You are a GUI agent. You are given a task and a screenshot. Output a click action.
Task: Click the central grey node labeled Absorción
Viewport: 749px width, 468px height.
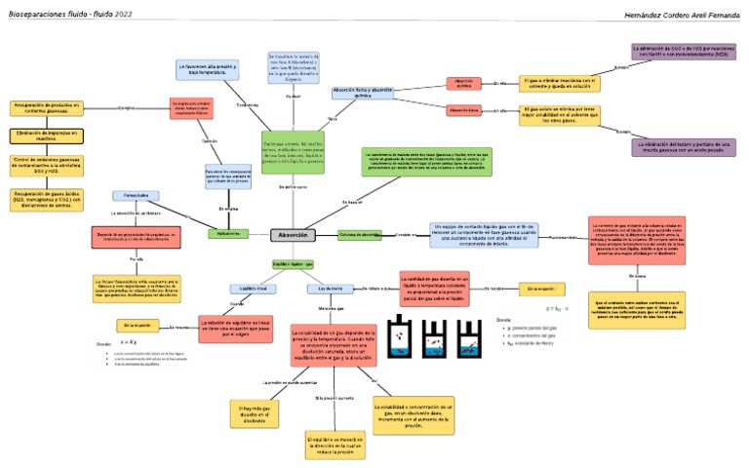coord(294,235)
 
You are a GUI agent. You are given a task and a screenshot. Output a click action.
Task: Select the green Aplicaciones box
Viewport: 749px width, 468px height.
coord(228,234)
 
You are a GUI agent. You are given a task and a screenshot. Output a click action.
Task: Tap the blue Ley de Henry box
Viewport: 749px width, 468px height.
coord(327,289)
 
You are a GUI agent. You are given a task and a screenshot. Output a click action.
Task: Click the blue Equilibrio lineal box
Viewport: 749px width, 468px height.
coord(247,289)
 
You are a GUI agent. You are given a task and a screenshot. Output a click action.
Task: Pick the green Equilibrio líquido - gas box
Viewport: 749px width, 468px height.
coord(293,264)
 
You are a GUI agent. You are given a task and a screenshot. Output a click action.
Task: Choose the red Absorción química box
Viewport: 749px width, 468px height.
coord(464,83)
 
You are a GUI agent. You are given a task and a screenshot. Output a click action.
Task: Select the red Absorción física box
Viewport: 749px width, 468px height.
coord(464,110)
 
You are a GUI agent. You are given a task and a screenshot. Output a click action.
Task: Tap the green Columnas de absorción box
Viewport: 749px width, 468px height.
coord(360,235)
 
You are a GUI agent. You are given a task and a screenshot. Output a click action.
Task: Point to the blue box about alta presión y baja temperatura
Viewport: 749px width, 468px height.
coord(208,69)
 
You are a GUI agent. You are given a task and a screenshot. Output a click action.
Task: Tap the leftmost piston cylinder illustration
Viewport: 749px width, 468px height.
coord(401,337)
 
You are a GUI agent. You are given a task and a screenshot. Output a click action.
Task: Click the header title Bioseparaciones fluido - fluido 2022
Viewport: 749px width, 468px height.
coord(71,15)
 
